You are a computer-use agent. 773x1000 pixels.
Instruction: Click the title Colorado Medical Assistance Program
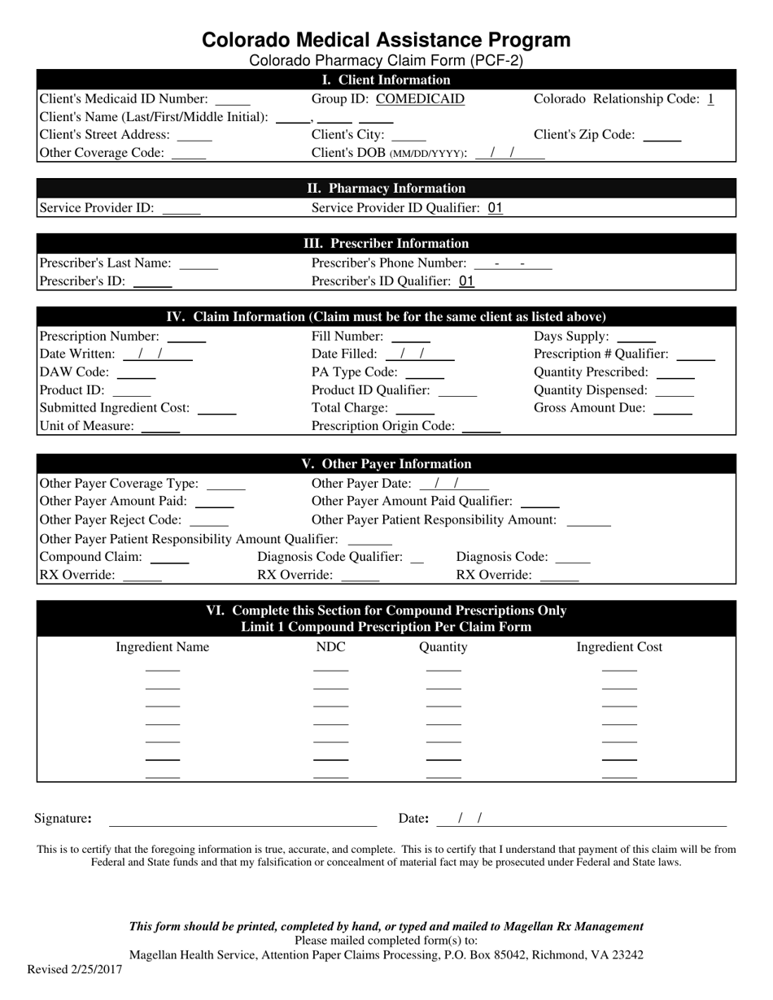coord(386,41)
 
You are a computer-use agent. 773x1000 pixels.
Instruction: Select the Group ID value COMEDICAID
coord(420,99)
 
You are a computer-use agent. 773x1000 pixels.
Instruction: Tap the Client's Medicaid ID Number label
coord(123,99)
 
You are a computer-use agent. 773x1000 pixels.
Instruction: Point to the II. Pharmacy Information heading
coord(386,189)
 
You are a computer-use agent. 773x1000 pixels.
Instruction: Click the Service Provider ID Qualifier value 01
coord(495,208)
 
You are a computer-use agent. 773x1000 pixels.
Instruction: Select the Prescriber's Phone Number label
coord(389,263)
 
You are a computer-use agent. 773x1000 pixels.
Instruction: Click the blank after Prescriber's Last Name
coord(199,264)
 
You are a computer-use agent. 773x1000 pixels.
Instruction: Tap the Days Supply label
coord(571,337)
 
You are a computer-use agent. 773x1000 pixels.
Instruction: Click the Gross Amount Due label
coord(589,408)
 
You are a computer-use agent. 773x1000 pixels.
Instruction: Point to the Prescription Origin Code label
coord(382,426)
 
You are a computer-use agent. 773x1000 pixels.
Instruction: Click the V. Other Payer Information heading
coord(386,464)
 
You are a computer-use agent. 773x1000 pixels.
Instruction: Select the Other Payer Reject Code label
coord(111,520)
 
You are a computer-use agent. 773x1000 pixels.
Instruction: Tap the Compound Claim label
coord(90,557)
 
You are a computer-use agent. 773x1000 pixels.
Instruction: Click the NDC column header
coord(330,647)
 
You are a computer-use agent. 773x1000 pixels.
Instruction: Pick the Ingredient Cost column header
coord(619,647)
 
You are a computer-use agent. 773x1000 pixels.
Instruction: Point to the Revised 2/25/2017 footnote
coord(75,969)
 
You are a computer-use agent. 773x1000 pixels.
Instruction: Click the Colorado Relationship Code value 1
coord(710,99)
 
